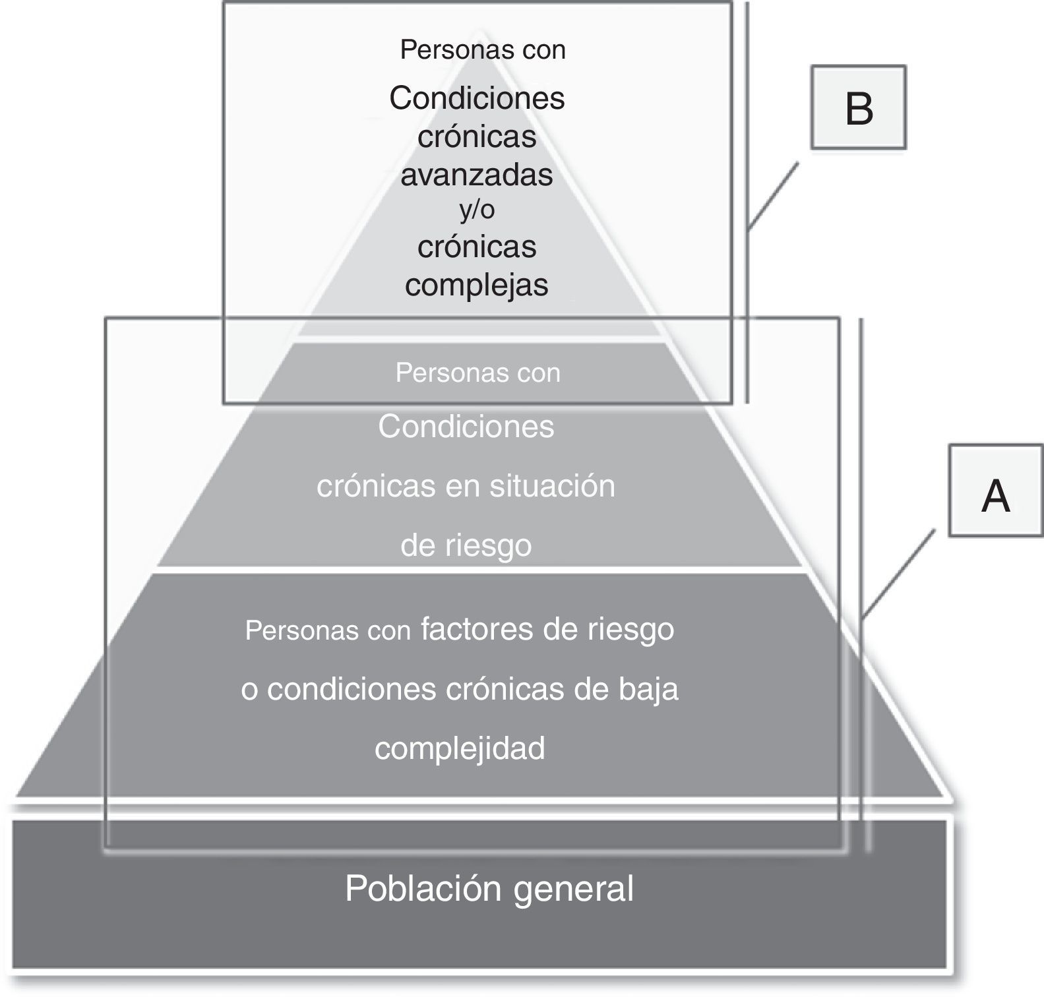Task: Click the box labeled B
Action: [x=858, y=107]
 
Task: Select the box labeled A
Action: [x=995, y=491]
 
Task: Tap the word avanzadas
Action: [x=477, y=175]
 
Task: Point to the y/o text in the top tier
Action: [x=477, y=210]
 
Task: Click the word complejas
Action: [x=477, y=285]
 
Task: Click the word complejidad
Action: [x=460, y=748]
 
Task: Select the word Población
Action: [x=423, y=888]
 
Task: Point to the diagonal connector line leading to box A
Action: [x=898, y=573]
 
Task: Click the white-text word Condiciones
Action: [x=466, y=427]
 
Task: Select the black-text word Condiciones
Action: [x=477, y=98]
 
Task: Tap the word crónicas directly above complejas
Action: [x=477, y=247]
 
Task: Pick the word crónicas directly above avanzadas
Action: [x=477, y=136]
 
